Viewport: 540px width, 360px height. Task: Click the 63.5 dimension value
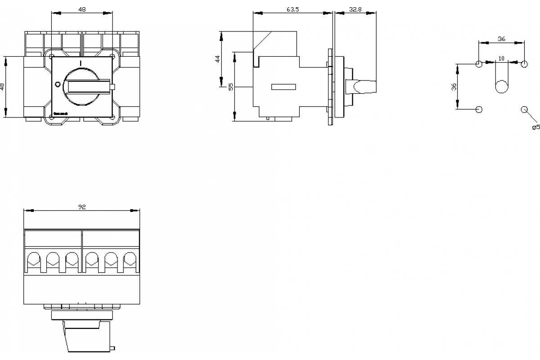click(x=292, y=9)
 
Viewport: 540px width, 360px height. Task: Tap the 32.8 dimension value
click(x=355, y=9)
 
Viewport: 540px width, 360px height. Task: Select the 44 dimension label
click(x=217, y=58)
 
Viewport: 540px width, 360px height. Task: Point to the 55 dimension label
click(x=231, y=86)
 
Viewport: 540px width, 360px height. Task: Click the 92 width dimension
click(x=81, y=207)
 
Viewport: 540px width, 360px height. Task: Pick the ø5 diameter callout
click(x=535, y=127)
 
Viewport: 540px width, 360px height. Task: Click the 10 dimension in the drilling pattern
click(x=502, y=58)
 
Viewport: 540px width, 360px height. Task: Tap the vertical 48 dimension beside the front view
click(x=2, y=86)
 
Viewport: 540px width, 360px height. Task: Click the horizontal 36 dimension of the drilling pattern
click(x=502, y=39)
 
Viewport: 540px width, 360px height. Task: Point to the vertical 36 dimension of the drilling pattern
click(x=454, y=86)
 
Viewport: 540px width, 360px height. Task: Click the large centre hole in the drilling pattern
click(x=502, y=87)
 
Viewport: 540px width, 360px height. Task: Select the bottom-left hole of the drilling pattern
click(x=479, y=109)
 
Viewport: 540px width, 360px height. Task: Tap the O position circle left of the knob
click(x=57, y=85)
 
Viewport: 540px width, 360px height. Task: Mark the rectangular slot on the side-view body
click(x=283, y=87)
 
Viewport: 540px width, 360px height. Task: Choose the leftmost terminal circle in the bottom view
click(x=33, y=258)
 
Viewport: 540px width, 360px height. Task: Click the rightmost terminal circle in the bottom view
click(x=130, y=258)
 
